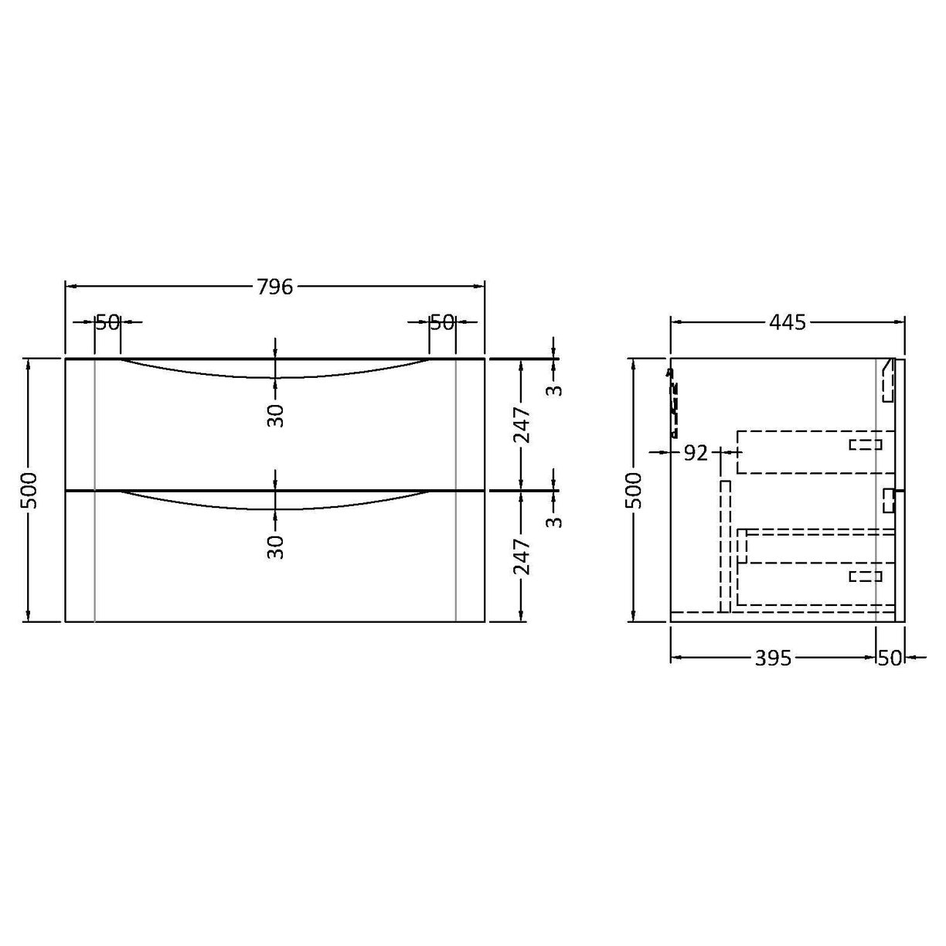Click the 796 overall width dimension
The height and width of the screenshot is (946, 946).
pos(274,287)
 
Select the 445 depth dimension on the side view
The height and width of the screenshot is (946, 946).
pos(788,322)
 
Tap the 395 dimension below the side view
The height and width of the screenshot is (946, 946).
pos(774,658)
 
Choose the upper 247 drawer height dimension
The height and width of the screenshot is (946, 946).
pos(522,424)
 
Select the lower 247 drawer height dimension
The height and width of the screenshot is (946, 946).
pos(522,556)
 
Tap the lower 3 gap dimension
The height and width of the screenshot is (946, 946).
pos(554,521)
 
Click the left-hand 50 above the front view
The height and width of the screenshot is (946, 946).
pos(107,322)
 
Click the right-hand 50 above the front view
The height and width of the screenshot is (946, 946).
pos(442,322)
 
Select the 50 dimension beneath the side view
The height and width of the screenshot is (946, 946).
pos(890,658)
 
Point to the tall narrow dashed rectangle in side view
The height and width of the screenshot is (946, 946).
pos(725,545)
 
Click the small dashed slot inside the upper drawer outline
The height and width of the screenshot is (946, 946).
pos(865,444)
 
